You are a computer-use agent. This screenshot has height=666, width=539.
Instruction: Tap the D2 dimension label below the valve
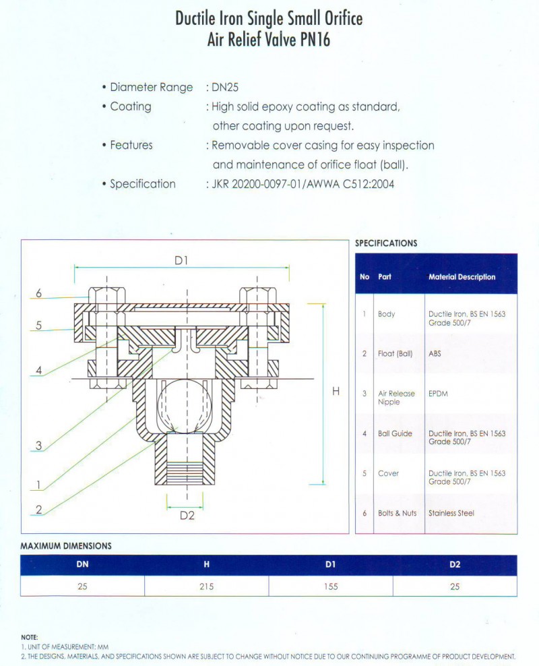[187, 516]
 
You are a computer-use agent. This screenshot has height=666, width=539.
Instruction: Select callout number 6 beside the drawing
[39, 293]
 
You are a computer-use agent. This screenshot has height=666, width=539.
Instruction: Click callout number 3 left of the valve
[39, 446]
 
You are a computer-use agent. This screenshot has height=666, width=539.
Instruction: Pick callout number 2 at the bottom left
[39, 510]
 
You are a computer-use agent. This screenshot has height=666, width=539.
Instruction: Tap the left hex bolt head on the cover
[106, 296]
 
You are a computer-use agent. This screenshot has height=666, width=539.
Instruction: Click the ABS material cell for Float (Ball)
[435, 354]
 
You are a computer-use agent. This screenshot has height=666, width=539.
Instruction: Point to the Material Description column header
[462, 277]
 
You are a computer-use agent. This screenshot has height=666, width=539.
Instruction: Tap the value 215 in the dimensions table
[206, 586]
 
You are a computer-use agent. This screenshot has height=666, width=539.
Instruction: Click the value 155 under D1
[330, 586]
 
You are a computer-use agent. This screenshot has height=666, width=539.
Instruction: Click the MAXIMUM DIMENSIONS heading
[66, 546]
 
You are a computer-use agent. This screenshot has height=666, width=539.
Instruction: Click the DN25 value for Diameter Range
[226, 88]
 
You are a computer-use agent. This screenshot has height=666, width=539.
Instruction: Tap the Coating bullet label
[131, 107]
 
